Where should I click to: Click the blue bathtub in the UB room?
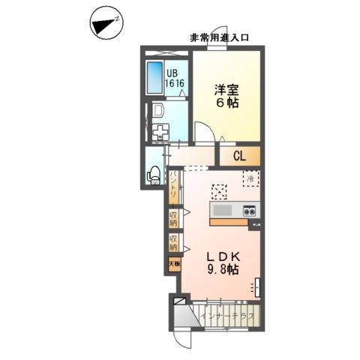[x=156, y=79]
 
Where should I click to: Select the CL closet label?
[x=239, y=156]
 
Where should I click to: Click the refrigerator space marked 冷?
[x=250, y=178]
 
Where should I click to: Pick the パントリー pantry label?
[x=173, y=186]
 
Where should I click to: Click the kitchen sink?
[x=224, y=209]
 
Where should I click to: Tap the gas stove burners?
[x=250, y=210]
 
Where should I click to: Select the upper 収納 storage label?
[x=173, y=219]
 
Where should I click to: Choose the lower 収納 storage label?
[x=173, y=244]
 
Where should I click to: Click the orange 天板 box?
[x=173, y=263]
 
